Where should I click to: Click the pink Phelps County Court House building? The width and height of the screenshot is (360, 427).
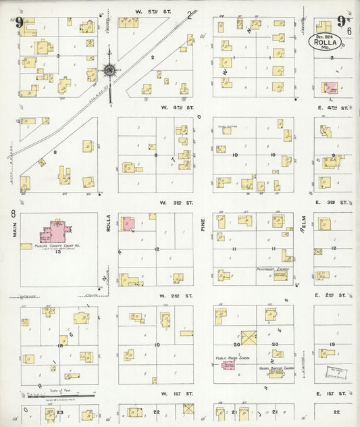tap(57, 232)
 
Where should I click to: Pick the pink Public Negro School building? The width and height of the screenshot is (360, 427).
tap(228, 365)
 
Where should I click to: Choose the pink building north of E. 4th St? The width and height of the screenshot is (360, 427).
tap(332, 88)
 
